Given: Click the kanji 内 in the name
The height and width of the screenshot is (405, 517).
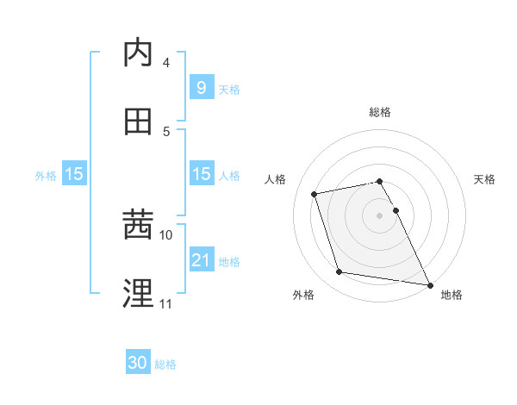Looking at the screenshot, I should [138, 53].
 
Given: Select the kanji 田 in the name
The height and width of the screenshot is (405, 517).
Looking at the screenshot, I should [138, 121].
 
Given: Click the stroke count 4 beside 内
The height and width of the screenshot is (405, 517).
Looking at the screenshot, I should [165, 63].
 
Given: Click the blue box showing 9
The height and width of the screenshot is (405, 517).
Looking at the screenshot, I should [201, 88].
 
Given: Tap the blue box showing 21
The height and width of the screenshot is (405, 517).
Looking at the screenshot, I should [201, 260].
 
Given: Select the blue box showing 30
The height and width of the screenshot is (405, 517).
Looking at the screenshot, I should [138, 364].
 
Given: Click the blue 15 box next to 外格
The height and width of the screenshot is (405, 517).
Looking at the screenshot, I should [74, 174].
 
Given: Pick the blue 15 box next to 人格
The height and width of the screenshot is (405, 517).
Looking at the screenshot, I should [201, 174].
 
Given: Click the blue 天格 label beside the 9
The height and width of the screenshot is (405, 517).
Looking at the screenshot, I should [229, 89].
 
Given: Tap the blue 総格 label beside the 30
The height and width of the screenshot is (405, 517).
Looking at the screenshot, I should [165, 364].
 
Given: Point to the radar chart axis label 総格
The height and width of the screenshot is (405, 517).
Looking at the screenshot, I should [380, 112].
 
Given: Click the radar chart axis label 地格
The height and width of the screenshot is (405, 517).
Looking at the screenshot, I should [452, 295].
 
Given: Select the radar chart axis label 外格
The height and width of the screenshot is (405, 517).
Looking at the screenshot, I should [303, 295].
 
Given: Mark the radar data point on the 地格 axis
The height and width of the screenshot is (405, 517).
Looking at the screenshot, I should [428, 283].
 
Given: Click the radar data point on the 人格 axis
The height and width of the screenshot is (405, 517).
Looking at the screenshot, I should [315, 193].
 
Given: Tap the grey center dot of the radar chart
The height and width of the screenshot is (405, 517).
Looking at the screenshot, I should [380, 215].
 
